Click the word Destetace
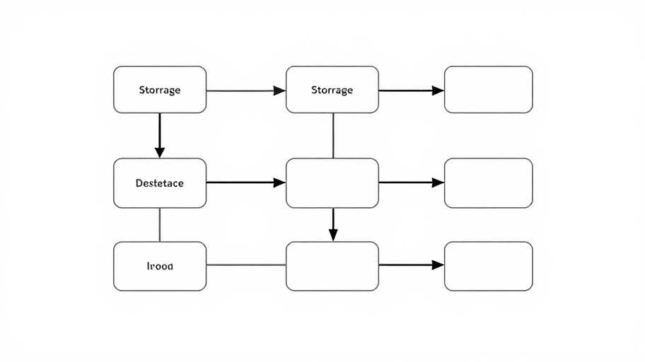point(159,183)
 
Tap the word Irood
point(159,267)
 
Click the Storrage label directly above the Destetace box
point(159,90)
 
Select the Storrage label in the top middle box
point(332,90)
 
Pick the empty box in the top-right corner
point(488,90)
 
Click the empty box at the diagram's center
point(332,183)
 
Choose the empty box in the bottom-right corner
point(488,266)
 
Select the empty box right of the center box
point(488,183)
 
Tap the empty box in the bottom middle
point(332,266)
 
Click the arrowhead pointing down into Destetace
point(160,151)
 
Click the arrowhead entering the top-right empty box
point(438,90)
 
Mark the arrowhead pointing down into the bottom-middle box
point(333,234)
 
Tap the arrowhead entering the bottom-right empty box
point(438,265)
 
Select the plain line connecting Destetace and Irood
point(160,225)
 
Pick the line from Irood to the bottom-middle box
point(246,265)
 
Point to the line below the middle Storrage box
point(333,135)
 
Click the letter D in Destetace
point(138,183)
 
